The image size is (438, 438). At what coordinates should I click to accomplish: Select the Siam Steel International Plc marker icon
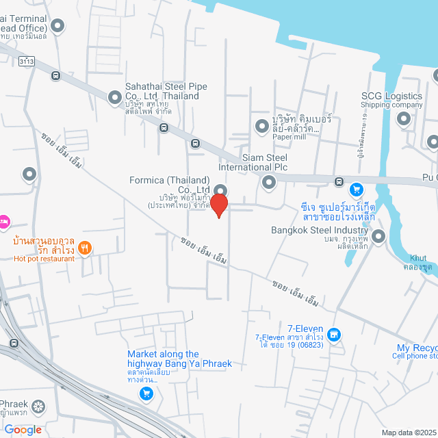[x=268, y=182]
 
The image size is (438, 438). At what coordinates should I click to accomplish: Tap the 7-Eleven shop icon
[x=333, y=335]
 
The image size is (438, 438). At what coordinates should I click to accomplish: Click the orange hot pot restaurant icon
[x=85, y=248]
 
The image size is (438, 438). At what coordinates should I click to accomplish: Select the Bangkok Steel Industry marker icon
[x=378, y=237]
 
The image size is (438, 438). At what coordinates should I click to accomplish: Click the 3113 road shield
[x=28, y=62]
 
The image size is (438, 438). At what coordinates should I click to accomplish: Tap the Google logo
[x=23, y=430]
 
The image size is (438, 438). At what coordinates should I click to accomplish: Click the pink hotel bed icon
[x=3, y=220]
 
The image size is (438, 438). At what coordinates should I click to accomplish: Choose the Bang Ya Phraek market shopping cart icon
[x=146, y=393]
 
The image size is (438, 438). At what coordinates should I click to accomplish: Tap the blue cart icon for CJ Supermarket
[x=356, y=190]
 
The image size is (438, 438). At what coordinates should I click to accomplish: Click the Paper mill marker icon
[x=261, y=125]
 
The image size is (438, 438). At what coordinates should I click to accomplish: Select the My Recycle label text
[x=417, y=348]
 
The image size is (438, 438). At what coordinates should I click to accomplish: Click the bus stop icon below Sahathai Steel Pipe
[x=164, y=127]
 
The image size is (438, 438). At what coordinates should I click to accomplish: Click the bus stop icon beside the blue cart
[x=339, y=181]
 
